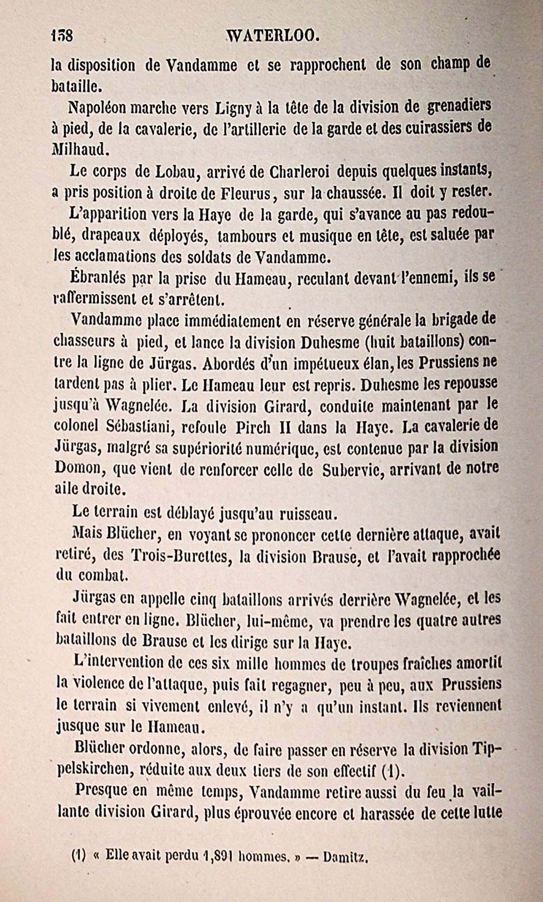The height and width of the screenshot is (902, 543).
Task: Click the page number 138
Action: coord(61,36)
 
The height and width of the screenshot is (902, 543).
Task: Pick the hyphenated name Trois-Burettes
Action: coord(181,554)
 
